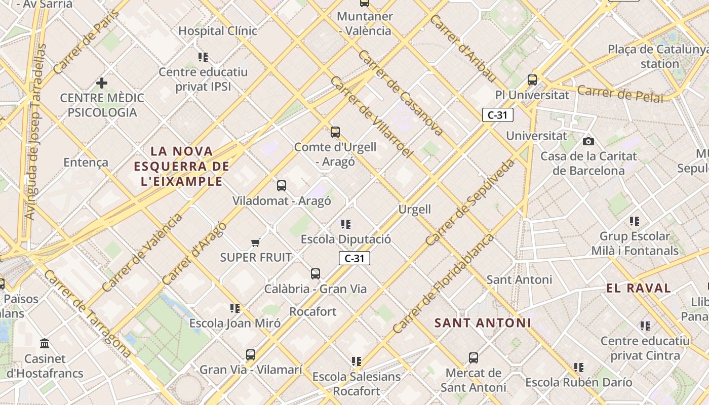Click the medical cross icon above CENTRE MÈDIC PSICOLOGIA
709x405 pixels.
(102, 83)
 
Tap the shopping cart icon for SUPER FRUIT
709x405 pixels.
(256, 243)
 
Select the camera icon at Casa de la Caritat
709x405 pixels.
(588, 141)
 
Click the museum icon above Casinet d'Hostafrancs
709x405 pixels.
(45, 344)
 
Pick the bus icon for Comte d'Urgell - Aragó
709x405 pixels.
(335, 132)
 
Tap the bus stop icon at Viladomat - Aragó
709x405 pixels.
(282, 186)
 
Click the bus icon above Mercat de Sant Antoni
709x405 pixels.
(473, 358)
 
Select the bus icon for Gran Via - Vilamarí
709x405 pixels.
(251, 354)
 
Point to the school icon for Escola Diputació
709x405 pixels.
(346, 224)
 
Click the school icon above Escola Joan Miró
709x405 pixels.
(235, 308)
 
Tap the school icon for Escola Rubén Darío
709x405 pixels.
(579, 367)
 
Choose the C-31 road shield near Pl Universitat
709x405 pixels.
(497, 115)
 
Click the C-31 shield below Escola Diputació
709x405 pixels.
(354, 258)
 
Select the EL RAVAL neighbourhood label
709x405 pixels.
(638, 289)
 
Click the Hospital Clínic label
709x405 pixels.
(218, 31)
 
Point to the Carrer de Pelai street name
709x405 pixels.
(620, 94)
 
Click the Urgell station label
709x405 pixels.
(414, 209)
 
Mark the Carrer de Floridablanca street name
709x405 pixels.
(443, 283)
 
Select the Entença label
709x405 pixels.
(86, 163)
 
